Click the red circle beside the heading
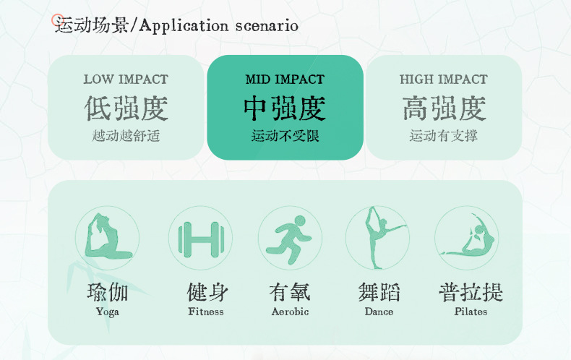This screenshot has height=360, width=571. [57, 20]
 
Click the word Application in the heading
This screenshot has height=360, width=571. [184, 26]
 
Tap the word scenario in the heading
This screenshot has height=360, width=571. [267, 26]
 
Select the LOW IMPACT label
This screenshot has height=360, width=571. [126, 80]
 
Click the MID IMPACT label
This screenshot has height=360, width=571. [285, 80]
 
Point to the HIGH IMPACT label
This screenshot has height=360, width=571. [444, 80]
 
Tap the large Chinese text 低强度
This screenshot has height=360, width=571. [126, 108]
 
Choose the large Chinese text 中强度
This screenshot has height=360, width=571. [285, 108]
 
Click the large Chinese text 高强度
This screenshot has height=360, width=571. [444, 108]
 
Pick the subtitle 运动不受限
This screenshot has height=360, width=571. [285, 136]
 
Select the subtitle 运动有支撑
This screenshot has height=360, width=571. [444, 136]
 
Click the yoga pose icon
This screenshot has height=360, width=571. [107, 237]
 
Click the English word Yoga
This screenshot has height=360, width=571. [108, 312]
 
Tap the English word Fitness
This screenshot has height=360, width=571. [206, 312]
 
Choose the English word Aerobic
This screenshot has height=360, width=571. [290, 312]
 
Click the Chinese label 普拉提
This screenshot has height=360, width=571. [471, 292]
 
